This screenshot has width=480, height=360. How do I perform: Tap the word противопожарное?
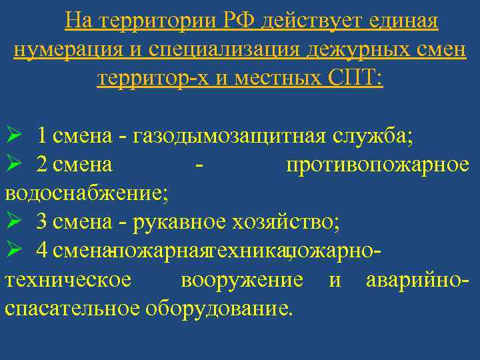(377, 165)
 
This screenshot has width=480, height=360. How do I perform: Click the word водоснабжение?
(87, 193)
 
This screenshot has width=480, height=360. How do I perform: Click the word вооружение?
(242, 279)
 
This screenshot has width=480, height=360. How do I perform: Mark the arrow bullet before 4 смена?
(15, 250)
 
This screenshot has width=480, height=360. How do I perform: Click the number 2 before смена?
(42, 165)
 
